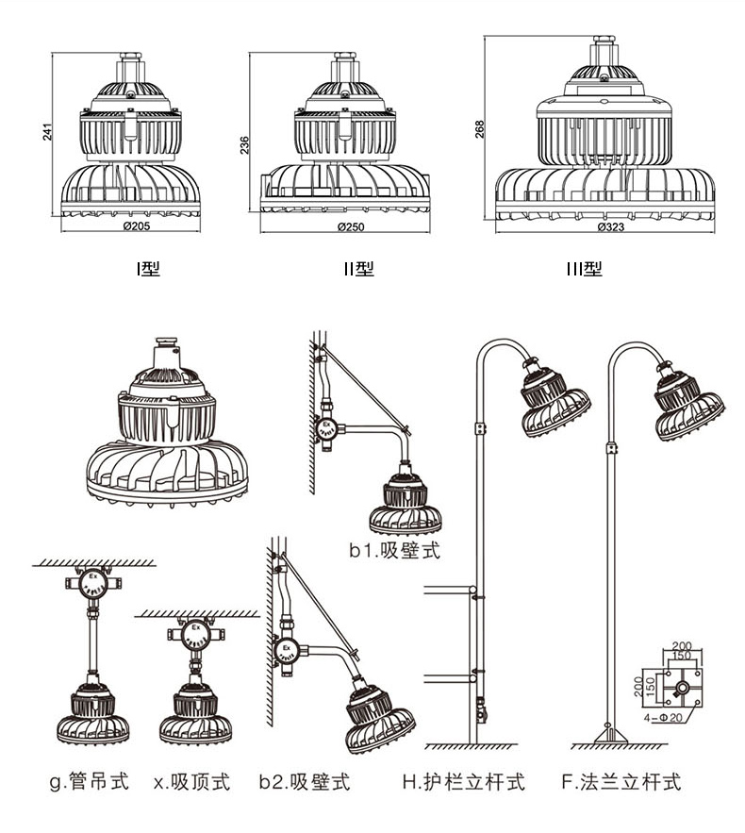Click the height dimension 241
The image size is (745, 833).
(x=48, y=133)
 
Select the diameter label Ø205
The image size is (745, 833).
(x=131, y=226)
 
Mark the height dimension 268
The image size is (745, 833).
(x=480, y=128)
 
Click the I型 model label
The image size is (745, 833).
(x=147, y=269)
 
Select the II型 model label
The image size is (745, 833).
(x=358, y=269)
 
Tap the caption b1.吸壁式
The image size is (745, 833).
(x=395, y=551)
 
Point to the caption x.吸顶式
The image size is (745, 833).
(x=191, y=782)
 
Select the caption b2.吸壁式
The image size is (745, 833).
(x=305, y=782)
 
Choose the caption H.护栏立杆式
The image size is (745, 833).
(x=463, y=782)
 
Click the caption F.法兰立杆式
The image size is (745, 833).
(x=621, y=782)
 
